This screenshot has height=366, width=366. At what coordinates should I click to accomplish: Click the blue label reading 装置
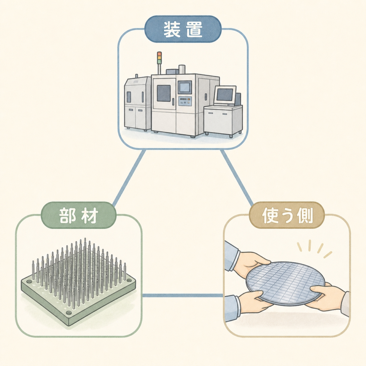pyautogui.click(x=183, y=29)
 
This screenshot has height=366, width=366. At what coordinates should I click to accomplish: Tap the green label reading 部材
pyautogui.click(x=79, y=215)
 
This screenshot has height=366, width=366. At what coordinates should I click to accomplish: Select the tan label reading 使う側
pyautogui.click(x=287, y=215)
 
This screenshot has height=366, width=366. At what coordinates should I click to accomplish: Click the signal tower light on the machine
pyautogui.click(x=159, y=58)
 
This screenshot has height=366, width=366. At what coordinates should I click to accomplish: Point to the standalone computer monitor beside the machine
pyautogui.click(x=225, y=95)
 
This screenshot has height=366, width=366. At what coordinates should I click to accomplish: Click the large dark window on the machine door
pyautogui.click(x=164, y=93)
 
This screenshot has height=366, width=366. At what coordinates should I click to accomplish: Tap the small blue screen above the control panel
pyautogui.click(x=185, y=87)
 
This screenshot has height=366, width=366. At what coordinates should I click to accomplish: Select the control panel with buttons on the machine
pyautogui.click(x=185, y=101)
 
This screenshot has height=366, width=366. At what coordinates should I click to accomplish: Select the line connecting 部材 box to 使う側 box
pyautogui.click(x=183, y=296)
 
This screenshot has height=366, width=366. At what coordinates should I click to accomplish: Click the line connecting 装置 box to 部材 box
pyautogui.click(x=129, y=178)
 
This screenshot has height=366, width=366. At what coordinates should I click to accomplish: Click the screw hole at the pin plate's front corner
pyautogui.click(x=69, y=312)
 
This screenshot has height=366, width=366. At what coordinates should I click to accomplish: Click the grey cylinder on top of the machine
pyautogui.click(x=182, y=70)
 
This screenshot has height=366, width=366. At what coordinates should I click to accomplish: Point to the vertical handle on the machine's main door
pyautogui.click(x=173, y=102)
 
